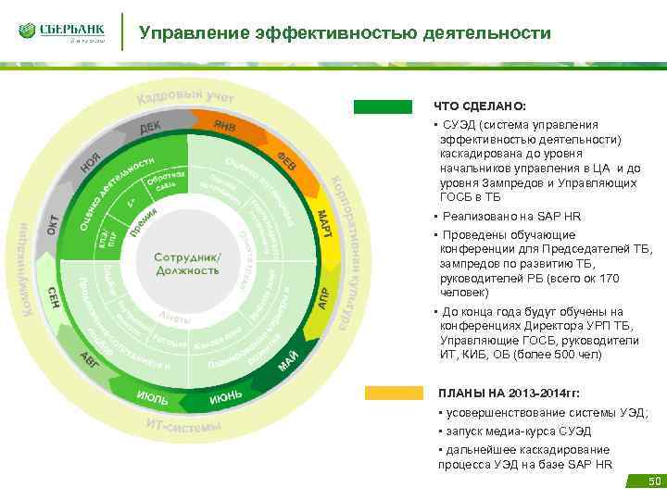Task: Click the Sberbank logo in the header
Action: click(x=60, y=32)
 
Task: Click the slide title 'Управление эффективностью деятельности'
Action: click(x=345, y=34)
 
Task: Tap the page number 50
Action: click(x=654, y=481)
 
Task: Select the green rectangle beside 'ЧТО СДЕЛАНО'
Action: click(x=382, y=106)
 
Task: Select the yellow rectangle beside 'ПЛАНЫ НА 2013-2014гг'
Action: click(x=394, y=393)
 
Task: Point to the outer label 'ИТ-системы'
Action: click(x=183, y=425)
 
